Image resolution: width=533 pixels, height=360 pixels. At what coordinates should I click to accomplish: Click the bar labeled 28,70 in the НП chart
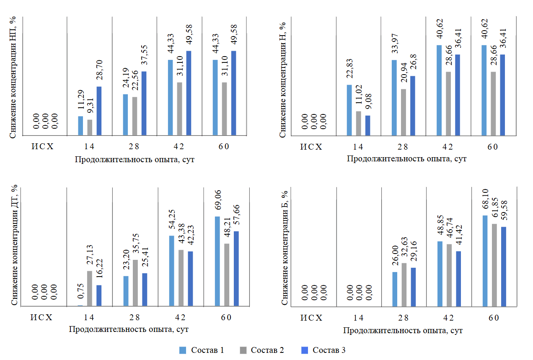click(99, 111)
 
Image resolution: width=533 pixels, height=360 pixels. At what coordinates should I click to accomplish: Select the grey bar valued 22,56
click(135, 116)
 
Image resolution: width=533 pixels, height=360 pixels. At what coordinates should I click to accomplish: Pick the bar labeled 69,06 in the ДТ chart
click(217, 261)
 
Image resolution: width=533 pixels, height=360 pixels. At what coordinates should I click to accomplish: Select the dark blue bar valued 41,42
click(458, 278)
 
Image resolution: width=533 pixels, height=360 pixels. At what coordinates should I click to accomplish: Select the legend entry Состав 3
click(324, 350)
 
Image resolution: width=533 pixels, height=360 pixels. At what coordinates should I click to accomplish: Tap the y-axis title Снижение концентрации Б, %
click(285, 247)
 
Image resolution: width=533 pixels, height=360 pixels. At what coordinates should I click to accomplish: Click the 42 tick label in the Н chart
click(448, 147)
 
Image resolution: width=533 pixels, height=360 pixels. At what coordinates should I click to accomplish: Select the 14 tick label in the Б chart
click(358, 318)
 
